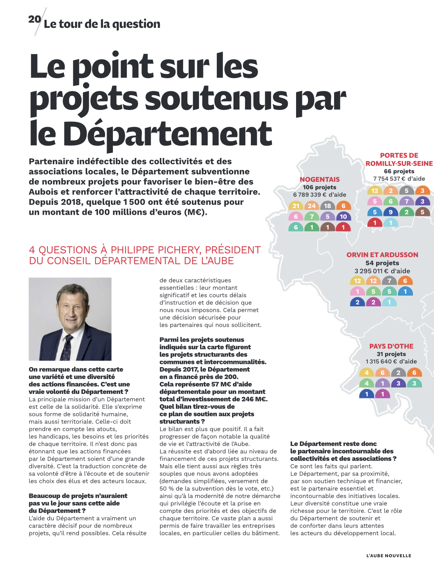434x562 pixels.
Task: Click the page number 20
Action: [x=34, y=19]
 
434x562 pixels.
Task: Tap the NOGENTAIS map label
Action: [x=319, y=179]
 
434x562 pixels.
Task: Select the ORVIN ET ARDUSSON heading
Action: [x=382, y=255]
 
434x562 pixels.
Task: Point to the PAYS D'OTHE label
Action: [x=391, y=346]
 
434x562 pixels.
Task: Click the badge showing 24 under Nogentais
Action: [x=312, y=206]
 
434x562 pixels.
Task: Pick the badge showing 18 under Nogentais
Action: [x=327, y=206]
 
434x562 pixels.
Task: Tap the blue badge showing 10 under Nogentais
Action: [x=343, y=216]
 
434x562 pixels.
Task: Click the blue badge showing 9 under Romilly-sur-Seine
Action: [x=390, y=212]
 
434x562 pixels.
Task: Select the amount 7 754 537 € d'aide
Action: [x=399, y=179]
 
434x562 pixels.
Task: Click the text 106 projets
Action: [x=319, y=187]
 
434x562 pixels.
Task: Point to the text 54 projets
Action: [x=382, y=263]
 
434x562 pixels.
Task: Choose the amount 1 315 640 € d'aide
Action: [x=391, y=362]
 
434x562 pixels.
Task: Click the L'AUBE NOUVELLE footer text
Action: [x=388, y=556]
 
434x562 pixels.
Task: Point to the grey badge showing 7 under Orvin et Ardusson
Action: [x=389, y=281]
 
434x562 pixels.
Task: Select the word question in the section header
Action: [x=136, y=24]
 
